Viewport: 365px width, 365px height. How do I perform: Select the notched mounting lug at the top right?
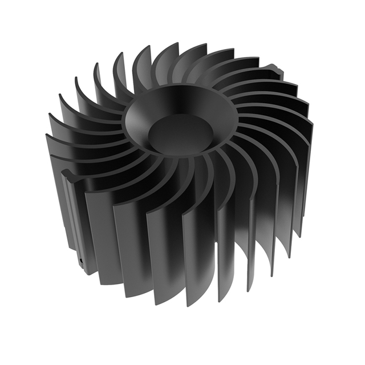(x=276, y=71)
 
